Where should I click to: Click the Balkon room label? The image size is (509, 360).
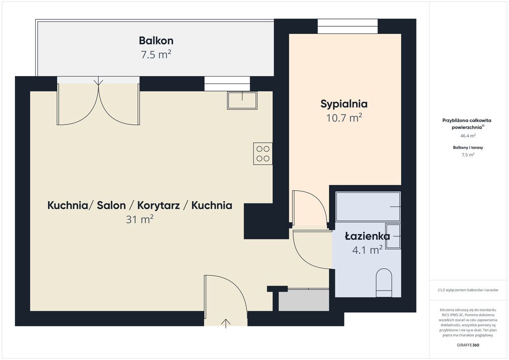pos(156,41)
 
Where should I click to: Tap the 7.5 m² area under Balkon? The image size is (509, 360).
pos(156,55)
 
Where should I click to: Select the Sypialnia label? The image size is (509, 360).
pos(344,104)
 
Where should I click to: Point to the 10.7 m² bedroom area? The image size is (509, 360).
pos(344,117)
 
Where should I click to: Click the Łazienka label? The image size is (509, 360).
pos(367,236)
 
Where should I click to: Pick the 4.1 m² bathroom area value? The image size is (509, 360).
pos(367,250)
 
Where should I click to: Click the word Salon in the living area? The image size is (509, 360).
pos(111,205)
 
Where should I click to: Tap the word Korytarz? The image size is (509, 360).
pos(159,205)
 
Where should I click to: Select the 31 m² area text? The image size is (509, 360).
pos(140,219)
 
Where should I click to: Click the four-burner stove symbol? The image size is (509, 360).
pos(262,154)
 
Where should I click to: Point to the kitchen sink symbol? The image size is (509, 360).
pos(242,100)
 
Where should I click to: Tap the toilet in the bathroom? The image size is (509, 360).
pos(384,283)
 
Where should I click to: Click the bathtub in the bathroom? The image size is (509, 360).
pos(368,207)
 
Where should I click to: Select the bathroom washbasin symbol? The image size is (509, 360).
pos(393,236)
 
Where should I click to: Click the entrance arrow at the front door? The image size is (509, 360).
pos(226,323)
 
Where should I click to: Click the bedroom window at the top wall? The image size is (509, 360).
pos(347,26)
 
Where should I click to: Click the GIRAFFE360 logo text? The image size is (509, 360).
pos(468,345)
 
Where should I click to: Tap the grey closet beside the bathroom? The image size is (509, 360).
pos(304,300)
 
